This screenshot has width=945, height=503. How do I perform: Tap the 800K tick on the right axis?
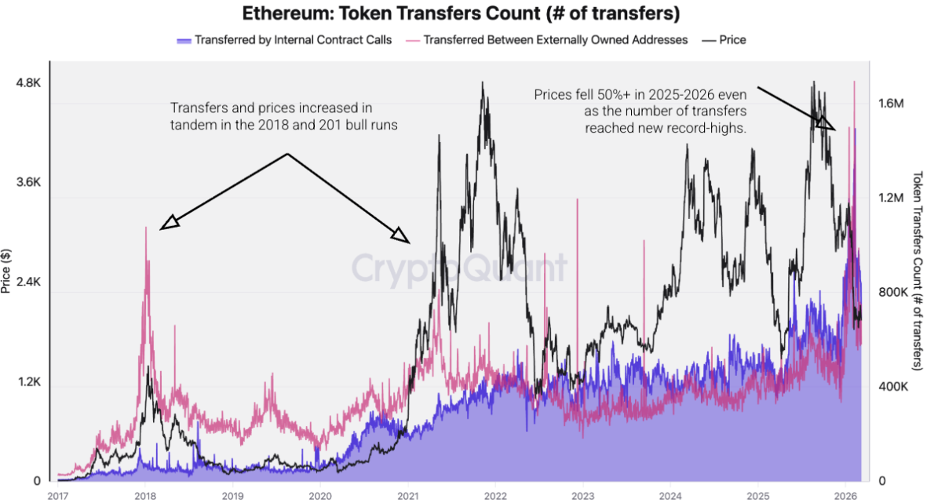click(893, 293)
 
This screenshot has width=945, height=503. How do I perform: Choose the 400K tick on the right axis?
click(893, 387)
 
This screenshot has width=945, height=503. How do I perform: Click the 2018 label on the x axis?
click(144, 495)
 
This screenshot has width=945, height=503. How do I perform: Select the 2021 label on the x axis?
click(407, 495)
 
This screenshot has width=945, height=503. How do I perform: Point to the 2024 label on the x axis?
click(670, 495)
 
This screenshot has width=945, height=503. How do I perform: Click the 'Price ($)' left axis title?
click(6, 271)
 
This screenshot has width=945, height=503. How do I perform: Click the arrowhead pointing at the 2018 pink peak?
click(169, 224)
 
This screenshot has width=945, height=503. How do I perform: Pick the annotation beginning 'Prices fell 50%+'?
click(640, 111)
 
